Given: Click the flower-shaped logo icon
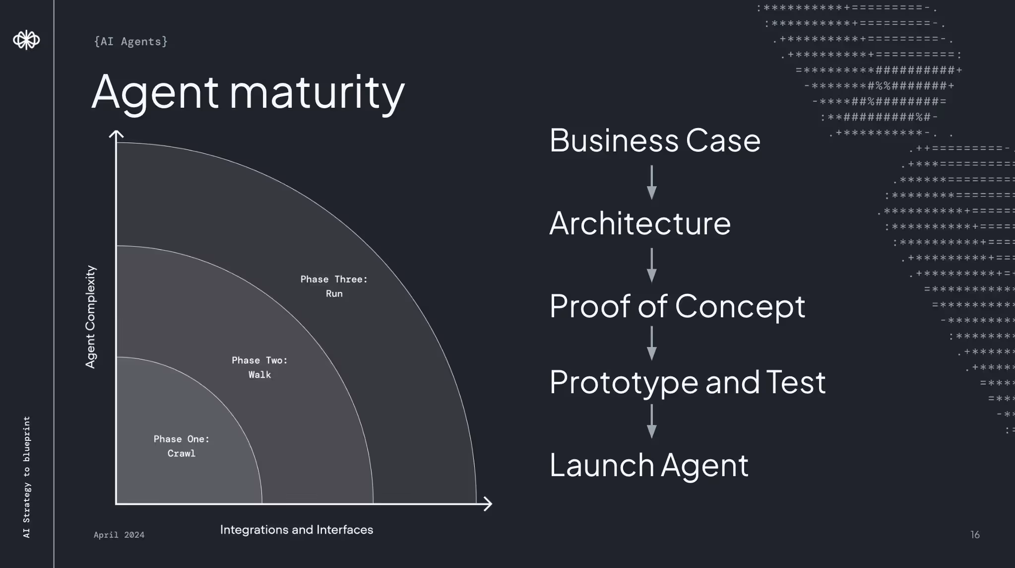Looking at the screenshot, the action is click(26, 40).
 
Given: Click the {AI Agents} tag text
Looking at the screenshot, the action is click(130, 42).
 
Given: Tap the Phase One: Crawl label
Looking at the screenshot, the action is click(182, 446).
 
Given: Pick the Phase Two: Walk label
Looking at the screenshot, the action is click(259, 367).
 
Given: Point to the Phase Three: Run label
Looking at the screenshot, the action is click(334, 286).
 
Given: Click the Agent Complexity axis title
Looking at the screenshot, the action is click(90, 317).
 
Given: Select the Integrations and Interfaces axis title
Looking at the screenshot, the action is click(296, 530).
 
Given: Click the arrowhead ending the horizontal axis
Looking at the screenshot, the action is click(488, 504).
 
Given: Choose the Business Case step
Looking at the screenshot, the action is click(655, 141).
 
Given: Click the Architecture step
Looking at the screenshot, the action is click(640, 223).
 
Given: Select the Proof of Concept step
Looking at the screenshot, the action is click(677, 306).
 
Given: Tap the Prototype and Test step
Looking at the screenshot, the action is click(688, 382).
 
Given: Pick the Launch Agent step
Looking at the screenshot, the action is click(649, 465).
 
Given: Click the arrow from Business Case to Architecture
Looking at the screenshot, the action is click(652, 182).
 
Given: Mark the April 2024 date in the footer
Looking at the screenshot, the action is click(119, 535).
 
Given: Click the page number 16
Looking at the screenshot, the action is click(975, 535).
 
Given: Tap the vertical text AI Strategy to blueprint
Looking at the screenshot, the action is click(27, 477).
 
